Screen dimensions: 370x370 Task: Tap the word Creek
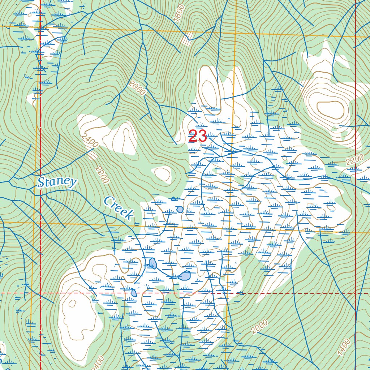click(118, 208)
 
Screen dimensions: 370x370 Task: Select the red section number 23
click(198, 137)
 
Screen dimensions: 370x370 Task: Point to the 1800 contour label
click(179, 14)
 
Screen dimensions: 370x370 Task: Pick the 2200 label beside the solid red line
click(354, 159)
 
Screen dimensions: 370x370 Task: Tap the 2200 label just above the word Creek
click(102, 175)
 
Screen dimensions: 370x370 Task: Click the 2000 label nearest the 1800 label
click(137, 88)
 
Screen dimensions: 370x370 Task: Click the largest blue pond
click(185, 276)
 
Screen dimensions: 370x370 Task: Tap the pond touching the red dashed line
click(134, 293)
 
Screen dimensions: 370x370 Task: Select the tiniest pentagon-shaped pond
click(173, 199)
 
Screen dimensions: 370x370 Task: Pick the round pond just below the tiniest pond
click(180, 209)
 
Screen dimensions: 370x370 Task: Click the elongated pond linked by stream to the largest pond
click(153, 263)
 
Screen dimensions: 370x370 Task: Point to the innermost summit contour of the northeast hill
click(330, 109)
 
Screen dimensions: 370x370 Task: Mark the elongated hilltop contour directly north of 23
click(210, 94)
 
